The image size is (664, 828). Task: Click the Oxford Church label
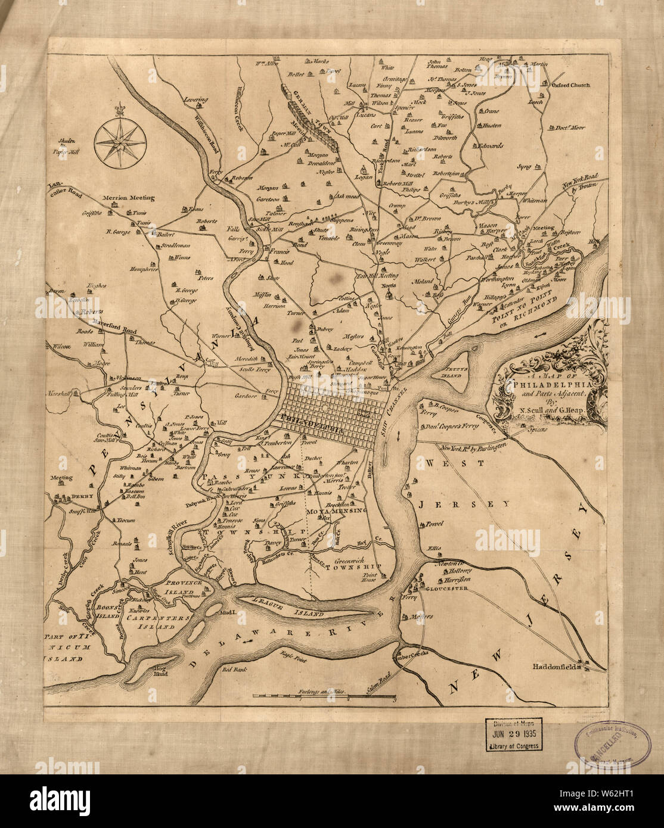(x=569, y=85)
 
